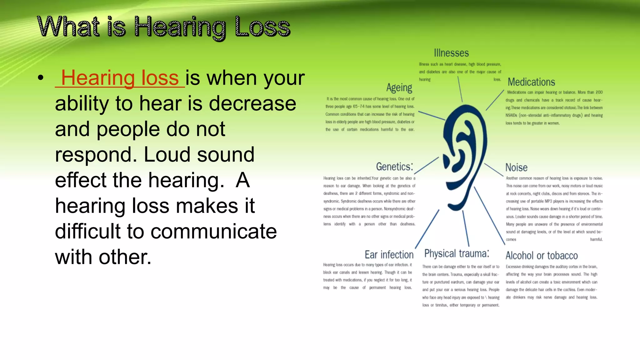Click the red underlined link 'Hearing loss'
[x=120, y=78]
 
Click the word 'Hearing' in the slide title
[x=180, y=27]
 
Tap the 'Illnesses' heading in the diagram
[x=451, y=53]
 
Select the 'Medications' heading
[x=531, y=82]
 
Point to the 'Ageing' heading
[x=399, y=88]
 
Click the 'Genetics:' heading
[x=394, y=167]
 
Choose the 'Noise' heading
[x=516, y=167]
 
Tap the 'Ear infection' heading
[x=389, y=255]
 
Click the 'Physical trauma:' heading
[x=457, y=253]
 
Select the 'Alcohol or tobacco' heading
[x=542, y=256]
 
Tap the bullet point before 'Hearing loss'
[x=40, y=78]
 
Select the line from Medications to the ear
[x=495, y=100]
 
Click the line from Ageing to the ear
[x=432, y=115]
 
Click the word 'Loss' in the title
[x=262, y=27]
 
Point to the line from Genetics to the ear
[x=426, y=166]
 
